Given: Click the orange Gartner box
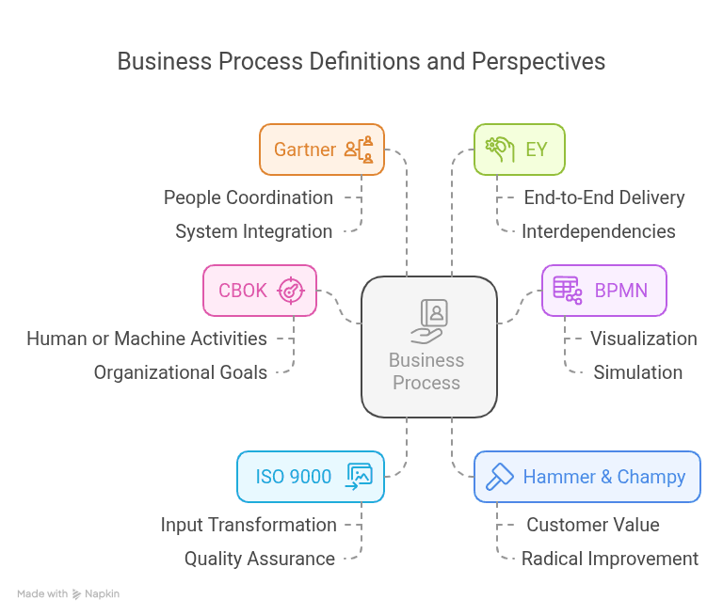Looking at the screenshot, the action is [x=322, y=150].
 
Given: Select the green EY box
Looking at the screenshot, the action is [x=520, y=150].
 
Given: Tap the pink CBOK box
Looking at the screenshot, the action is [x=260, y=291].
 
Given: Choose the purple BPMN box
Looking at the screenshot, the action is [x=604, y=291].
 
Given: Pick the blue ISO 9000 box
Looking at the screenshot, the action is [x=311, y=477].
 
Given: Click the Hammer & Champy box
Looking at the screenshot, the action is [x=587, y=477].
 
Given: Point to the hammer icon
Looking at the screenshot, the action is [x=499, y=477].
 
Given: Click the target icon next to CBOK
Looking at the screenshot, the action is [x=291, y=291].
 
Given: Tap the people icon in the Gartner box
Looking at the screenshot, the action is [x=359, y=150].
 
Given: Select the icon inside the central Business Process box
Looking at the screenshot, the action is [x=429, y=322].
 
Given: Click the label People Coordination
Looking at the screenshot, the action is [x=249, y=197].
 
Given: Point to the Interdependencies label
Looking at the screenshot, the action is [x=599, y=231].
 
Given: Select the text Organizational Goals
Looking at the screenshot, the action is [x=181, y=372].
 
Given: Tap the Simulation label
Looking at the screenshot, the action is [x=637, y=372].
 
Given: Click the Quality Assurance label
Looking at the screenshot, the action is [x=260, y=559].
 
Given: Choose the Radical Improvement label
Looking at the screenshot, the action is [x=610, y=559].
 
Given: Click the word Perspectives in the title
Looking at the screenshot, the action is [x=538, y=62].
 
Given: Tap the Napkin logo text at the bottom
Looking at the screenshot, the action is [x=102, y=593].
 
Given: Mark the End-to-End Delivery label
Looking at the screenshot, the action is [x=604, y=197].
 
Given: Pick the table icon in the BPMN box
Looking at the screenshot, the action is [x=567, y=291].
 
